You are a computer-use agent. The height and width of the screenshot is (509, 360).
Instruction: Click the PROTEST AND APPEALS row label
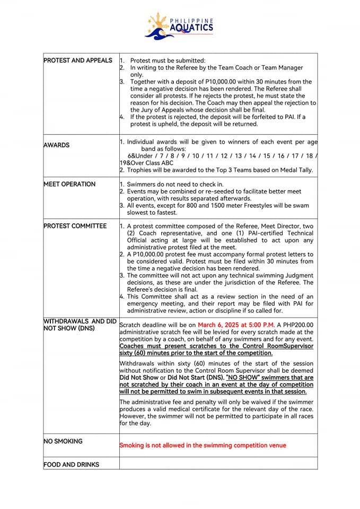click(x=78, y=60)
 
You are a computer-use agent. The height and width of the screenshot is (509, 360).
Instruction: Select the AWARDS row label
click(x=57, y=145)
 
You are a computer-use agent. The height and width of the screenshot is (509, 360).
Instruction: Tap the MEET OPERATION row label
click(x=69, y=185)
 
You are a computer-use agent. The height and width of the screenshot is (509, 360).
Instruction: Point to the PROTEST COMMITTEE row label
click(x=75, y=226)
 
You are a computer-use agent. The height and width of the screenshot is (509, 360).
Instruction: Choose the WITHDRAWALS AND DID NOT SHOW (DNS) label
click(x=80, y=324)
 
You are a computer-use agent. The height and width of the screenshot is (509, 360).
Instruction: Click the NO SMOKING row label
click(x=63, y=441)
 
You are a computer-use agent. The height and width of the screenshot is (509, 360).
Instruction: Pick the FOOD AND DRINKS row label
click(x=71, y=464)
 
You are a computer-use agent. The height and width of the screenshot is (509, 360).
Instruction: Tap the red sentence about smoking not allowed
click(x=203, y=445)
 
